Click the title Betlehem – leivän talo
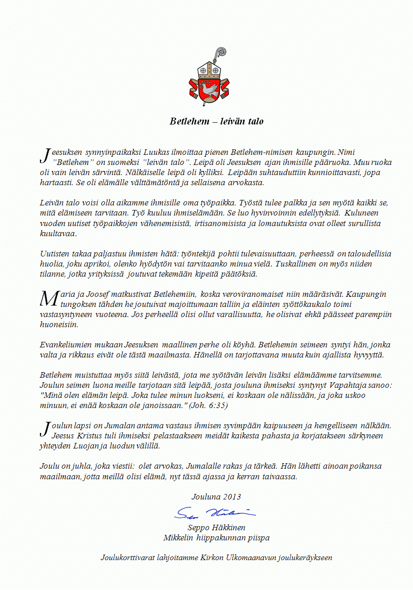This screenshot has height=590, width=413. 217,122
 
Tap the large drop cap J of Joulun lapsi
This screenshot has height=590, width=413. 45,429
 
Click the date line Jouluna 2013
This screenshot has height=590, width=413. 216,497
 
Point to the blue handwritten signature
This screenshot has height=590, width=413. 215,512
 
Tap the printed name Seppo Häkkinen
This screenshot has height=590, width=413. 216,528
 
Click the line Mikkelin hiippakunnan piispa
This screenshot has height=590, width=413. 216,538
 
